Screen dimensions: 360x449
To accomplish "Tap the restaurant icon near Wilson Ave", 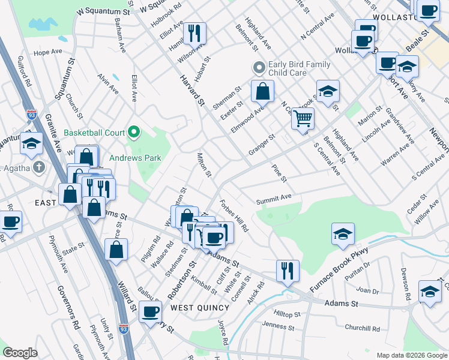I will pyautogui.click(x=194, y=33).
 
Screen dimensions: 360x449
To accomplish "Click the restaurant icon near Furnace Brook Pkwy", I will pyautogui.click(x=288, y=270).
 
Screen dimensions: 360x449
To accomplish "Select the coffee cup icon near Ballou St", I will pyautogui.click(x=151, y=311).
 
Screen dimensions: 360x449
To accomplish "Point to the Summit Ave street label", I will pyautogui.click(x=273, y=197).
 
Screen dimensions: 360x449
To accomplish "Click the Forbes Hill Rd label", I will pyautogui.click(x=234, y=216).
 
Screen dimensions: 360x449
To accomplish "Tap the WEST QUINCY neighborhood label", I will pyautogui.click(x=200, y=308).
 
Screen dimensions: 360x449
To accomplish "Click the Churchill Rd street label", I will pyautogui.click(x=362, y=328).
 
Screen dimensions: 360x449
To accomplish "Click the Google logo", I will pyautogui.click(x=20, y=352).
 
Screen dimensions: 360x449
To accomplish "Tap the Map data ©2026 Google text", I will pyautogui.click(x=411, y=355).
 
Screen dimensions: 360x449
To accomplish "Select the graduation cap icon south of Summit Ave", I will pyautogui.click(x=343, y=233).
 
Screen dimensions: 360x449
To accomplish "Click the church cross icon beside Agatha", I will pyautogui.click(x=40, y=167).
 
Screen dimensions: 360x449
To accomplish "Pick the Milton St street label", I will pyautogui.click(x=205, y=165).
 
